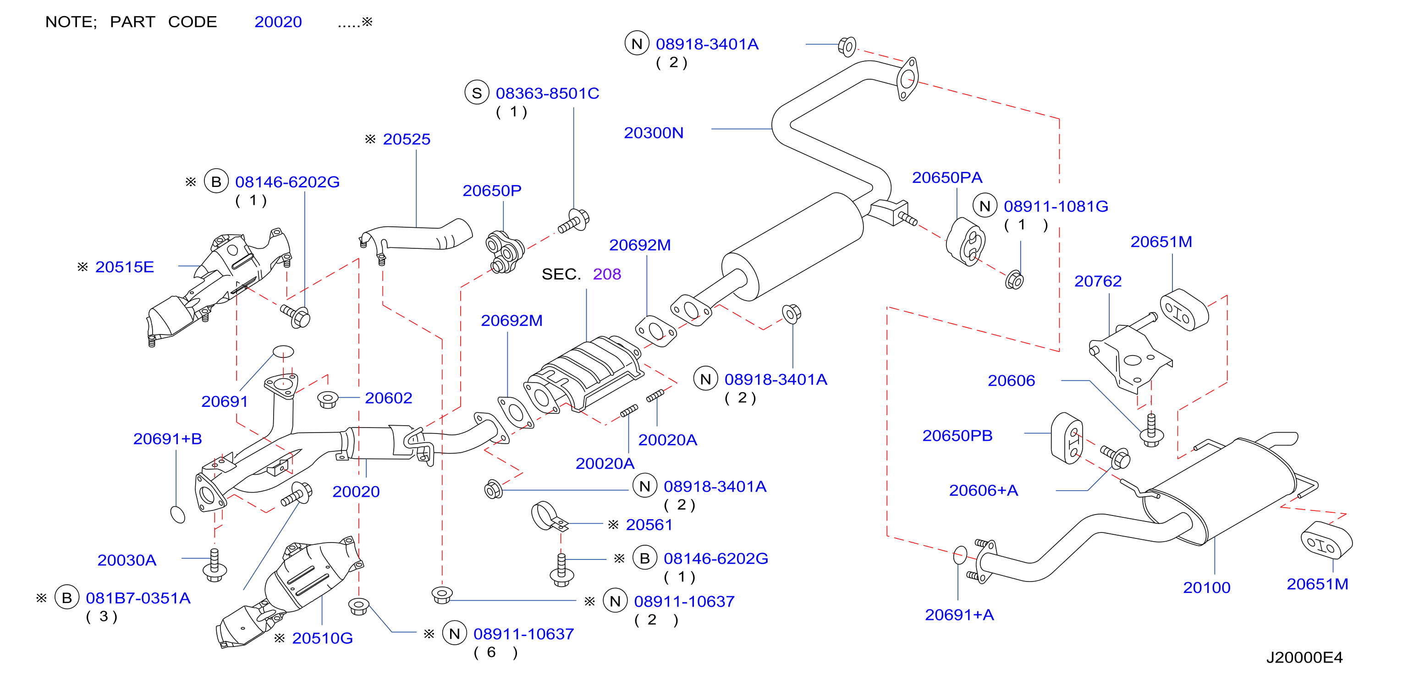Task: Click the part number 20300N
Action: (653, 133)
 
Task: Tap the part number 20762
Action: (1098, 281)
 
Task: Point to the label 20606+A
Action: (983, 490)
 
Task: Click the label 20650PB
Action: (957, 436)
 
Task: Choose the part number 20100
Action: (1206, 587)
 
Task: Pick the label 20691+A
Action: (959, 615)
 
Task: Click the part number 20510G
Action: (323, 638)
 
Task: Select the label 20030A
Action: (127, 560)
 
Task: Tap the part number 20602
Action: (388, 398)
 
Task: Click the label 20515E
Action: (125, 267)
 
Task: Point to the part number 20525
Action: (407, 139)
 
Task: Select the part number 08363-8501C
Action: (547, 93)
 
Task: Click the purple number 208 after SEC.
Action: (607, 274)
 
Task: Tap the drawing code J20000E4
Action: (1304, 658)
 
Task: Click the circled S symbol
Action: (477, 93)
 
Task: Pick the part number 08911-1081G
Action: (1056, 207)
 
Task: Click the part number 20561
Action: (649, 525)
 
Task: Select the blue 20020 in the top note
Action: (278, 22)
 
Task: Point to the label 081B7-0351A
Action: (138, 598)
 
